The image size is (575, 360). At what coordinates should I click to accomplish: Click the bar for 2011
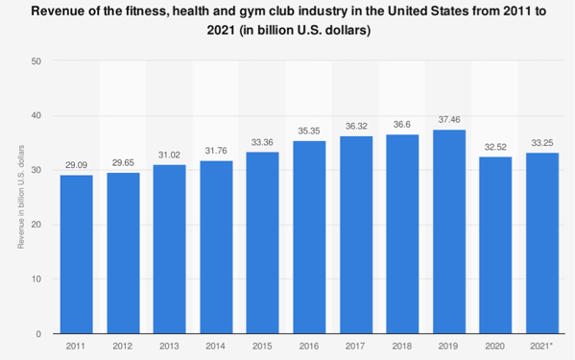click(x=76, y=254)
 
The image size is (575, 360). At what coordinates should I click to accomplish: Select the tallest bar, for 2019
click(x=449, y=231)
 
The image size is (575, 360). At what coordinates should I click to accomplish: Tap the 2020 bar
click(x=495, y=245)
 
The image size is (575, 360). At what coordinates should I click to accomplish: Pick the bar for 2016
click(x=309, y=237)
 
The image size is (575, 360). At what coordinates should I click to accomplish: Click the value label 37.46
click(x=449, y=119)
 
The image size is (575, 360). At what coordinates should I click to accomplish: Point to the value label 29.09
click(x=76, y=165)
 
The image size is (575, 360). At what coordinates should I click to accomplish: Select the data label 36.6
click(x=402, y=125)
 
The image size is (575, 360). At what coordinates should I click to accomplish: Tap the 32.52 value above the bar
click(x=495, y=147)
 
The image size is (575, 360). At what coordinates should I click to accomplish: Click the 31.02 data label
click(x=169, y=156)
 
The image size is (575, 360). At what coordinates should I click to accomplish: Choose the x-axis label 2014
click(x=216, y=346)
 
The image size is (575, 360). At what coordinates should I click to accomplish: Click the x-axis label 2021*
click(x=541, y=346)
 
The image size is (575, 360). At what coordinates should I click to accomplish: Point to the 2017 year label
click(x=355, y=346)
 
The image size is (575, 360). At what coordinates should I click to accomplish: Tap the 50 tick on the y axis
click(x=36, y=61)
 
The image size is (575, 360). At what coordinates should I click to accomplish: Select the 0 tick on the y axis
click(x=38, y=334)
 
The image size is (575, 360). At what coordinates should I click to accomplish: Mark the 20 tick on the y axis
click(x=36, y=225)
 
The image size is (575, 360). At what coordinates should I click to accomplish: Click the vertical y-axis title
click(x=21, y=197)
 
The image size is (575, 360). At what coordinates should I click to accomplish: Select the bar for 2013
click(x=169, y=250)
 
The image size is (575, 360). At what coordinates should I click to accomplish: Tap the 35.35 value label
click(x=309, y=131)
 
